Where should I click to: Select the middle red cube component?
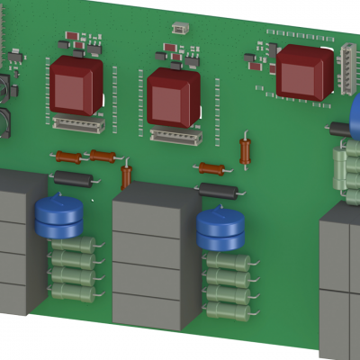(173, 96)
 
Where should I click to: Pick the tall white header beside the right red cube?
(348, 67)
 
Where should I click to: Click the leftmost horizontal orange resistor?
(67, 156)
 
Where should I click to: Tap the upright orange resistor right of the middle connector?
(246, 149)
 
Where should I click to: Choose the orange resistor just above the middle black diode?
(211, 168)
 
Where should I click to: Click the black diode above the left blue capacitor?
(73, 177)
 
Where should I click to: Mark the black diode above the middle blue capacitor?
(219, 191)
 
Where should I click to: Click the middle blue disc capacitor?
(221, 230)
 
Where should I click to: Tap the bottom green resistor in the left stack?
(73, 291)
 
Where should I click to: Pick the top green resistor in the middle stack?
(228, 262)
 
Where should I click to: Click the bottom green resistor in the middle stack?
(228, 310)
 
